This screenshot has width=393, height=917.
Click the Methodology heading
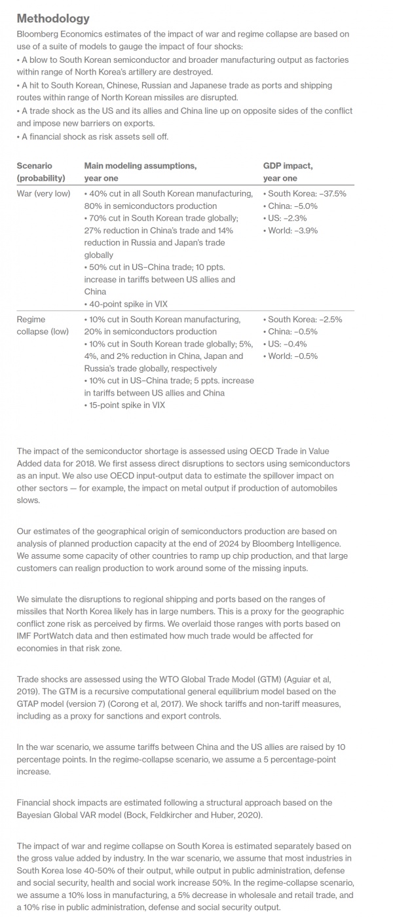pyautogui.click(x=53, y=18)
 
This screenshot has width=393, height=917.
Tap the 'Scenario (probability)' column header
pyautogui.click(x=41, y=172)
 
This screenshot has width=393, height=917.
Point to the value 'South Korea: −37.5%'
pyautogui.click(x=305, y=194)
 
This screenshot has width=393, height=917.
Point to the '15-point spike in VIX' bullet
pyautogui.click(x=126, y=405)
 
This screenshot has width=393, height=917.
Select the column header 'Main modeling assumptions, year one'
pyautogui.click(x=140, y=172)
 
